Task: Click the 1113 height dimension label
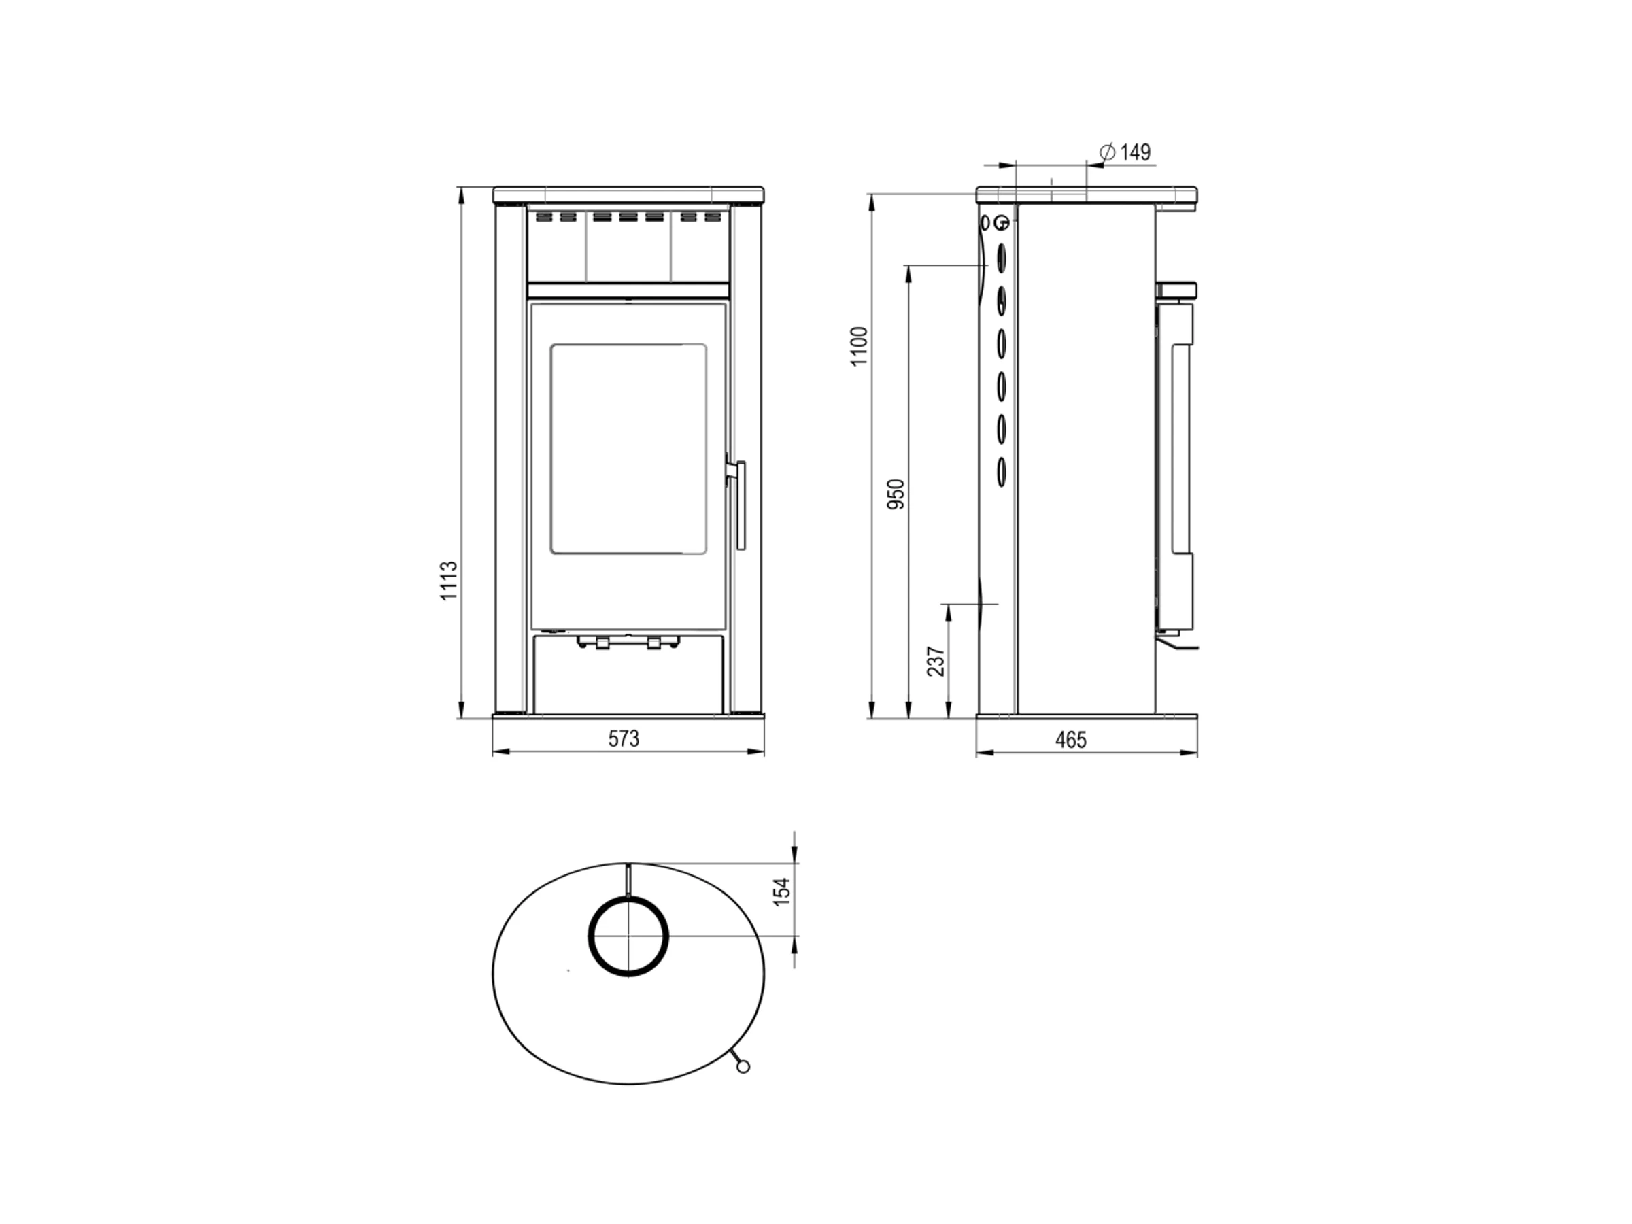tap(449, 581)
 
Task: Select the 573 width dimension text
tap(624, 738)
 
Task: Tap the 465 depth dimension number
tap(1070, 740)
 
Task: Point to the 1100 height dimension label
tap(860, 347)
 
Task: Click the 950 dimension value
tap(896, 494)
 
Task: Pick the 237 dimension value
tap(936, 661)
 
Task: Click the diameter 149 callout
tap(1125, 152)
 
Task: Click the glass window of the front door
tap(628, 449)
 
